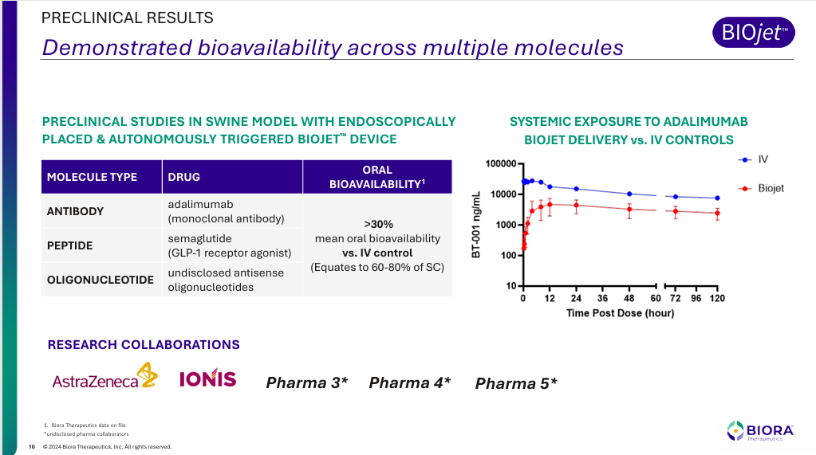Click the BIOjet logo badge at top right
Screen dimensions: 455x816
752,33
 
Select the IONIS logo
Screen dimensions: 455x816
208,378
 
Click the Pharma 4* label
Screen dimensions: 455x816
410,383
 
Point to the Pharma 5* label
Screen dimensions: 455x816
516,384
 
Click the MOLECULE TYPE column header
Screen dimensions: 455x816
92,177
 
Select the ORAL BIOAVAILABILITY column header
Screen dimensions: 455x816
376,177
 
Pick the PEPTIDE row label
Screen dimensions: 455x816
69,245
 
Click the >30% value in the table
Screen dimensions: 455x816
376,224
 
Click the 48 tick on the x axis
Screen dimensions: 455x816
629,298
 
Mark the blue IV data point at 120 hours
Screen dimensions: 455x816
717,198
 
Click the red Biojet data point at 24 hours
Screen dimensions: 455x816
576,205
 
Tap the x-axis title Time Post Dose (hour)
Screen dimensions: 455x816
620,313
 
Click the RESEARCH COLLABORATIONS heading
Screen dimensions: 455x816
144,345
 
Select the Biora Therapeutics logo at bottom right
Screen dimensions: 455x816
760,431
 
